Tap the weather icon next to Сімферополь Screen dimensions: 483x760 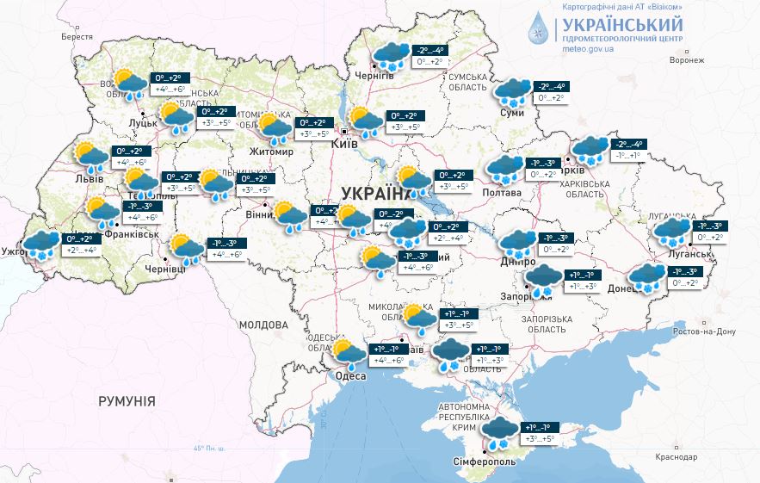tap(499, 432)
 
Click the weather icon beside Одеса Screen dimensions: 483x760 tap(349, 353)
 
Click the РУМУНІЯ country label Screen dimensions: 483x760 tap(127, 401)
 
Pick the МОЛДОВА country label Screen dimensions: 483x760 tap(263, 325)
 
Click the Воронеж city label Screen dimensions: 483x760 tap(686, 60)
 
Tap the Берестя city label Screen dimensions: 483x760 tap(77, 37)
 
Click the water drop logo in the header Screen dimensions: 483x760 tap(537, 28)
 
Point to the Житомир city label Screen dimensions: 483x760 tap(270, 152)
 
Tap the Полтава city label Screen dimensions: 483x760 tap(502, 192)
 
